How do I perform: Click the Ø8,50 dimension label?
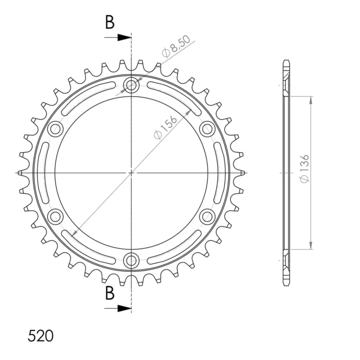pyautogui.click(x=176, y=46)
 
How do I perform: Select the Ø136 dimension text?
pyautogui.click(x=305, y=169)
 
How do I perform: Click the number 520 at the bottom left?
pyautogui.click(x=40, y=336)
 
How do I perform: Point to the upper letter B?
pyautogui.click(x=110, y=22)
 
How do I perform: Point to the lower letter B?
pyautogui.click(x=110, y=293)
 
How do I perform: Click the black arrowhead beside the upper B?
pyautogui.click(x=124, y=37)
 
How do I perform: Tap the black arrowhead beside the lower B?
pyautogui.click(x=124, y=308)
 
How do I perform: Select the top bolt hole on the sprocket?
pyautogui.click(x=131, y=85)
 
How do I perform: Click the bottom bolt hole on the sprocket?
pyautogui.click(x=131, y=260)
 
